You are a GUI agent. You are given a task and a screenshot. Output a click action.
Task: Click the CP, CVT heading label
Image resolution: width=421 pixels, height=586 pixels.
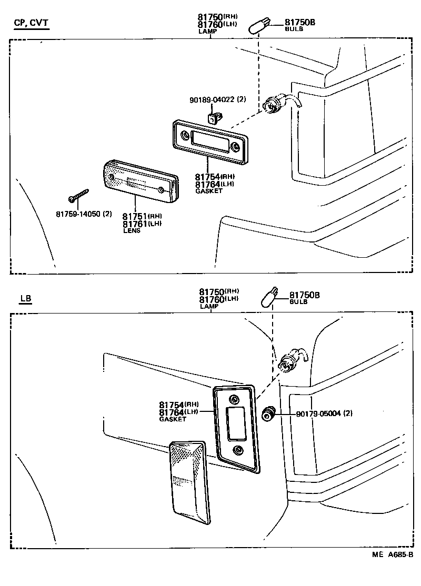31,23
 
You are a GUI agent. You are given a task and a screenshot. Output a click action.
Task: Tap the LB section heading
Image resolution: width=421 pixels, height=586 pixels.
26,299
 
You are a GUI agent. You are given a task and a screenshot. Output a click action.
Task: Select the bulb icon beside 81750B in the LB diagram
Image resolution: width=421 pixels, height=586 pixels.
269,298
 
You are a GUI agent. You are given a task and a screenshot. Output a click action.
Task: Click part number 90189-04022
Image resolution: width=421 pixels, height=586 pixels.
217,100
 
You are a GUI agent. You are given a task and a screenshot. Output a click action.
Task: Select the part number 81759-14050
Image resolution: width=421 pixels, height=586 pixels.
84,214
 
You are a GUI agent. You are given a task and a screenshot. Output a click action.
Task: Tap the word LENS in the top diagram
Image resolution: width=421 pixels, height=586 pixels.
132,230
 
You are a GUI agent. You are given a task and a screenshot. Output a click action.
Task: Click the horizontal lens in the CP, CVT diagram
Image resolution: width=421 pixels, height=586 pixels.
140,181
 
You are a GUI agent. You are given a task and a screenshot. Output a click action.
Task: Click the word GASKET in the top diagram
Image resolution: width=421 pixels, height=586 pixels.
209,191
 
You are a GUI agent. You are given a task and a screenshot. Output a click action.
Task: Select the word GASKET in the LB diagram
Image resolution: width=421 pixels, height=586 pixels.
173,419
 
